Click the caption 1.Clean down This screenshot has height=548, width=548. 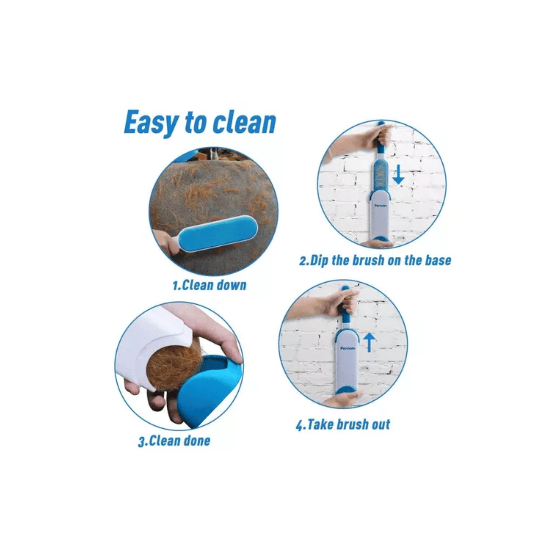209,285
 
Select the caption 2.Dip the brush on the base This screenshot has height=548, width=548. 375,261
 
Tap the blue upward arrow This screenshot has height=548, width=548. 370,342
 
